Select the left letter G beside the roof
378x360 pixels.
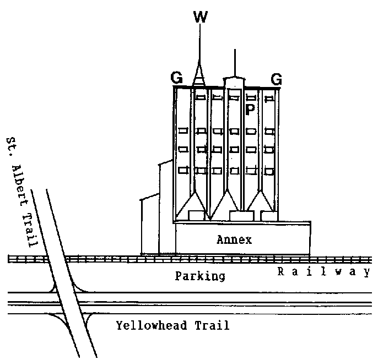[x=177, y=79]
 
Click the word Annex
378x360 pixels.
[x=234, y=240]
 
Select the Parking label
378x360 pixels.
[x=199, y=276]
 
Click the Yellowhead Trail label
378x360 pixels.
[x=172, y=325]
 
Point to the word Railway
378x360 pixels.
[x=323, y=271]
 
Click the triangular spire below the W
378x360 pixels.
[x=198, y=74]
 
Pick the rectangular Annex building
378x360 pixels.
[x=242, y=238]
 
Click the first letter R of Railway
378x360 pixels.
[x=280, y=271]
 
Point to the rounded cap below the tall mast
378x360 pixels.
[x=234, y=82]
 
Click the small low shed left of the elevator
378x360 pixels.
[x=149, y=226]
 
